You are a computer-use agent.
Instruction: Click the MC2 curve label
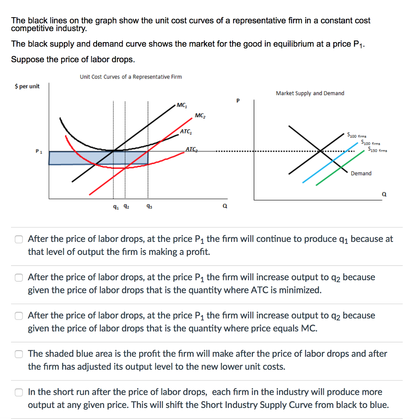pyautogui.click(x=201, y=116)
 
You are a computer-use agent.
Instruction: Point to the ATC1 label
pyautogui.click(x=186, y=132)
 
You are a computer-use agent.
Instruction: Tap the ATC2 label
pyautogui.click(x=191, y=149)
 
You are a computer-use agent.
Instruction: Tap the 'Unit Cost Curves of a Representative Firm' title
pyautogui.click(x=131, y=77)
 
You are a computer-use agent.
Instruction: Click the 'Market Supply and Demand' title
pyautogui.click(x=310, y=93)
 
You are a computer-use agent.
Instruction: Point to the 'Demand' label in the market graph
pyautogui.click(x=361, y=173)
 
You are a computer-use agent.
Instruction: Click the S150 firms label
pyautogui.click(x=378, y=150)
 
